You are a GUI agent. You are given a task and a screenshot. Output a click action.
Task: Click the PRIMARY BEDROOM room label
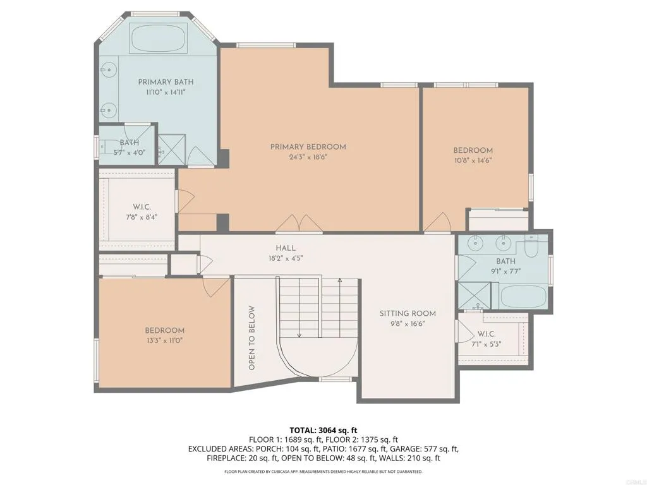coord(308,147)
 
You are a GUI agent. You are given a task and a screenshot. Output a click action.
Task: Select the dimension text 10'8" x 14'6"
coord(473,160)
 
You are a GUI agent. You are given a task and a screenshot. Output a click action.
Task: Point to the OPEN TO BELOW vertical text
coord(251,338)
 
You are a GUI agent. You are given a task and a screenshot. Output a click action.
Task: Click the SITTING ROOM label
coord(408,313)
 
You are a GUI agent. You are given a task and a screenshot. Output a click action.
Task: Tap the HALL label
coord(286,248)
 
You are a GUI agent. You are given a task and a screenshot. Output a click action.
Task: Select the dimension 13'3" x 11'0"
coord(164,340)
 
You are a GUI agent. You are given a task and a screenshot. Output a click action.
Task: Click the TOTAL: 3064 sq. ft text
coord(323,430)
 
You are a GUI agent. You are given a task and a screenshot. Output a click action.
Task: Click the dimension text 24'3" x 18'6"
coord(308,157)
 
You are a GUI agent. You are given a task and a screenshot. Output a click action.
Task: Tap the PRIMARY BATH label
coord(166,81)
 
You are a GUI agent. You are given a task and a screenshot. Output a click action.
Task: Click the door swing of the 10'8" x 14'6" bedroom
coord(438,222)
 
